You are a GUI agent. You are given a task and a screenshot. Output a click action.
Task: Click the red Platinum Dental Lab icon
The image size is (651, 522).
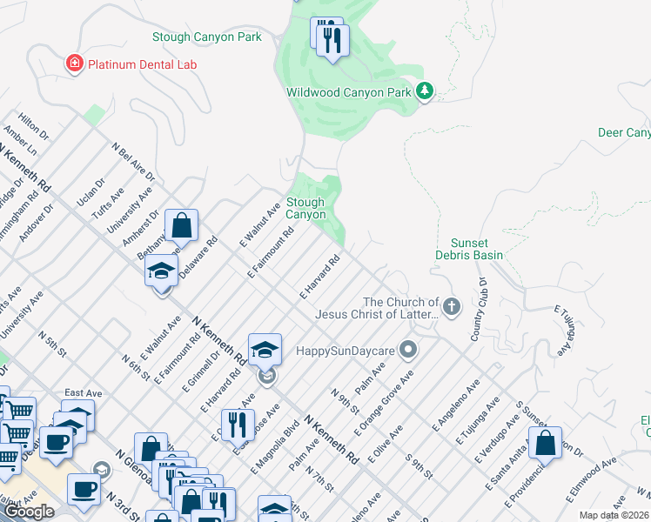(75, 64)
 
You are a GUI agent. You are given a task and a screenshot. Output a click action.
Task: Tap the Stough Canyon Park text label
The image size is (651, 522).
(206, 37)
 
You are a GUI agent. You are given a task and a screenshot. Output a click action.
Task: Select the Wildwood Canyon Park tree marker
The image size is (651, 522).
(424, 91)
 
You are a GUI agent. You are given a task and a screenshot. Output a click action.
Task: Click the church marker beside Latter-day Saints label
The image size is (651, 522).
(451, 307)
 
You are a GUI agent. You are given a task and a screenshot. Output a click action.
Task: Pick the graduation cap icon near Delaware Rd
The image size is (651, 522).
(162, 270)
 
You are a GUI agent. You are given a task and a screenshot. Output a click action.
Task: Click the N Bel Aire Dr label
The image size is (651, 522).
(133, 162)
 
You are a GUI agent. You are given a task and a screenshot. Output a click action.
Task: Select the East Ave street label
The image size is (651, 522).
(84, 393)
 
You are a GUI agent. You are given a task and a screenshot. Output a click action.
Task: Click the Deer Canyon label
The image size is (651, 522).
(624, 133)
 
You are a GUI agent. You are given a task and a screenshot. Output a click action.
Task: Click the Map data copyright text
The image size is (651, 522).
(614, 515)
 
